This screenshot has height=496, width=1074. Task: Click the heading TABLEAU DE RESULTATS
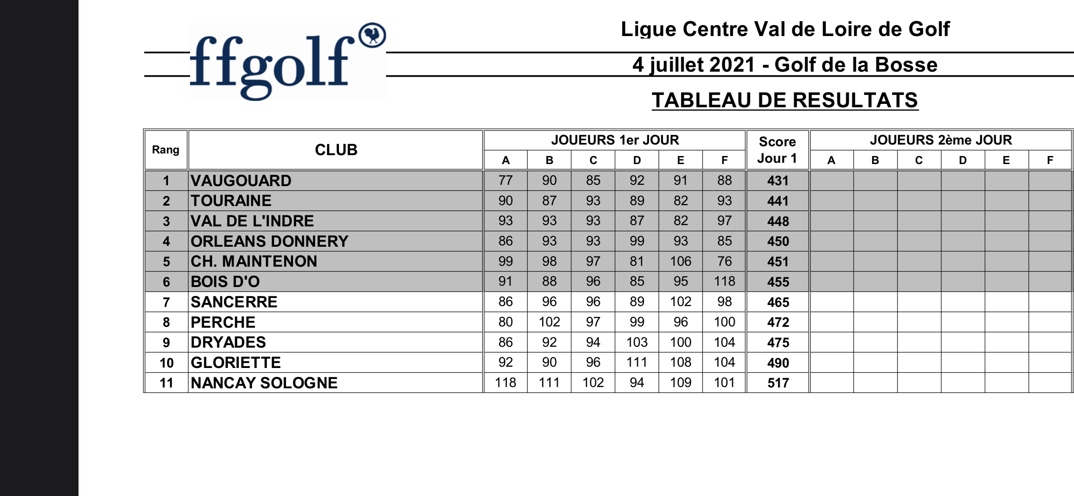pyautogui.click(x=785, y=100)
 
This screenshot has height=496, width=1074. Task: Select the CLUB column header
pyautogui.click(x=336, y=150)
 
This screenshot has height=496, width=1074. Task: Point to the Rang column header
pyautogui.click(x=165, y=150)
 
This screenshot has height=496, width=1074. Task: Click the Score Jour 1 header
pyautogui.click(x=777, y=150)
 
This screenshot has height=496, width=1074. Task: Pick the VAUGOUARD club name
pyautogui.click(x=241, y=181)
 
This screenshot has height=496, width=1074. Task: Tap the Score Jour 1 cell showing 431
pyautogui.click(x=778, y=181)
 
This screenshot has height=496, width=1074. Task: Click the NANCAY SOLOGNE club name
pyautogui.click(x=264, y=383)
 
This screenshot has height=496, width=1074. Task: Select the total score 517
pyautogui.click(x=778, y=383)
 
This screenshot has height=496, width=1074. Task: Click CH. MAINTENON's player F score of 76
pyautogui.click(x=724, y=261)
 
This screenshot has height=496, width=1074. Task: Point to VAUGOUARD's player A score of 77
pyautogui.click(x=505, y=181)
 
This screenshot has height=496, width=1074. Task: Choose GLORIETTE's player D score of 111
pyautogui.click(x=637, y=362)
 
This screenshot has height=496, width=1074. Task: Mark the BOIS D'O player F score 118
pyautogui.click(x=724, y=281)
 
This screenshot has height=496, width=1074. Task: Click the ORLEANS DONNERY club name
pyautogui.click(x=269, y=241)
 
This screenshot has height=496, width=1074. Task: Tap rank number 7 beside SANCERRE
pyautogui.click(x=166, y=302)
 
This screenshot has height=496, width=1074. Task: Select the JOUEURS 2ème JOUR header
pyautogui.click(x=940, y=140)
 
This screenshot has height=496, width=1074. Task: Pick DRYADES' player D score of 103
pyautogui.click(x=637, y=342)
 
